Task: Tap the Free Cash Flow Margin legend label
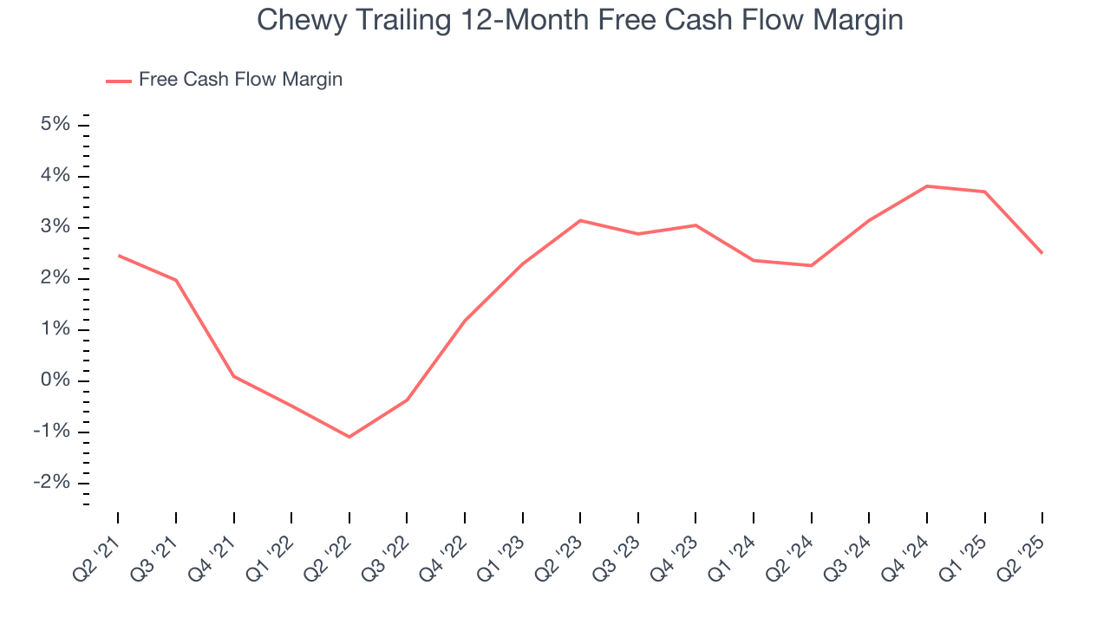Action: click(240, 80)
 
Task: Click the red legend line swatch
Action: click(119, 81)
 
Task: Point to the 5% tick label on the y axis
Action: click(55, 125)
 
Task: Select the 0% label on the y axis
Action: click(55, 381)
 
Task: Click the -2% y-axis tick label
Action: click(51, 484)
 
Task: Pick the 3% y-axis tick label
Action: click(55, 228)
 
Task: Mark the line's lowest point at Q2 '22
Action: click(349, 437)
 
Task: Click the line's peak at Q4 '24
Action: click(927, 185)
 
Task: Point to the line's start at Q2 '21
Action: click(118, 256)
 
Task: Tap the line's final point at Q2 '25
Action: click(1042, 253)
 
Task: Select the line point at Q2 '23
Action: click(580, 220)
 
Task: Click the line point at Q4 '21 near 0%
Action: click(234, 376)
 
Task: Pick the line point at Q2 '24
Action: click(812, 265)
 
